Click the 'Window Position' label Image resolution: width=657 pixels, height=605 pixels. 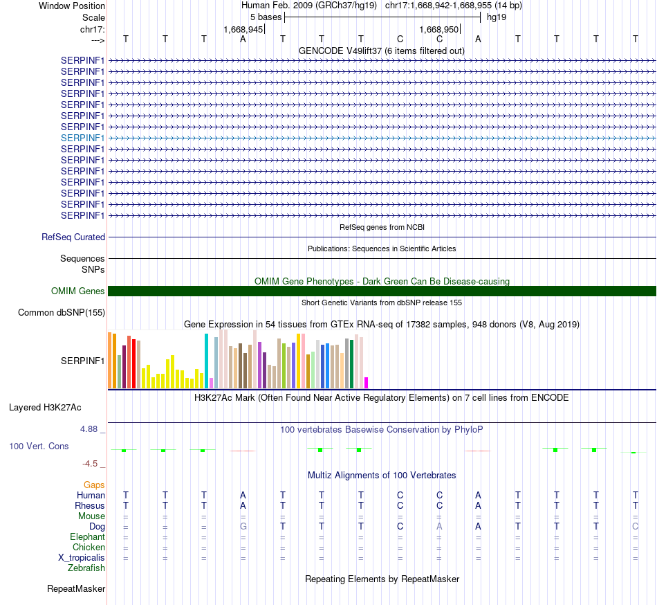(72, 6)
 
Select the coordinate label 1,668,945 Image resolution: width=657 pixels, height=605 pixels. (243, 30)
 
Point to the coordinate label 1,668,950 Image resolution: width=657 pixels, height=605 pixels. (439, 30)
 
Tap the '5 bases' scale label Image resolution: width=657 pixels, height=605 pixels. (265, 17)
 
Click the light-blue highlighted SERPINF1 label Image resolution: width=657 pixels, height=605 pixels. (83, 138)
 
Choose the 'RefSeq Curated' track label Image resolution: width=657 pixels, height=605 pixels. (73, 237)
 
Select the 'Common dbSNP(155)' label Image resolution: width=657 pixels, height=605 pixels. (62, 312)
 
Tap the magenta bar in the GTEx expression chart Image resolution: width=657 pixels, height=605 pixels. (367, 383)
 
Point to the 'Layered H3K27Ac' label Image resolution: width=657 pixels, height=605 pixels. (55, 407)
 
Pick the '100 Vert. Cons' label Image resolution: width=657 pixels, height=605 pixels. (39, 446)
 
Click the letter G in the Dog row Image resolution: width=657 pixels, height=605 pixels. (243, 526)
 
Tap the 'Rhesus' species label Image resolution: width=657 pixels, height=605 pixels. (90, 505)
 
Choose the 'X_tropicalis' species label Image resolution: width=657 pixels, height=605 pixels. (82, 557)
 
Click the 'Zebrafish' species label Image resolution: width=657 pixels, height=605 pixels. (86, 568)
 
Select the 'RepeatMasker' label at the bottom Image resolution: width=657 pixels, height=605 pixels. (76, 589)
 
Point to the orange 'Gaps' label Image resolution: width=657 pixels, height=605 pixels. (94, 485)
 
